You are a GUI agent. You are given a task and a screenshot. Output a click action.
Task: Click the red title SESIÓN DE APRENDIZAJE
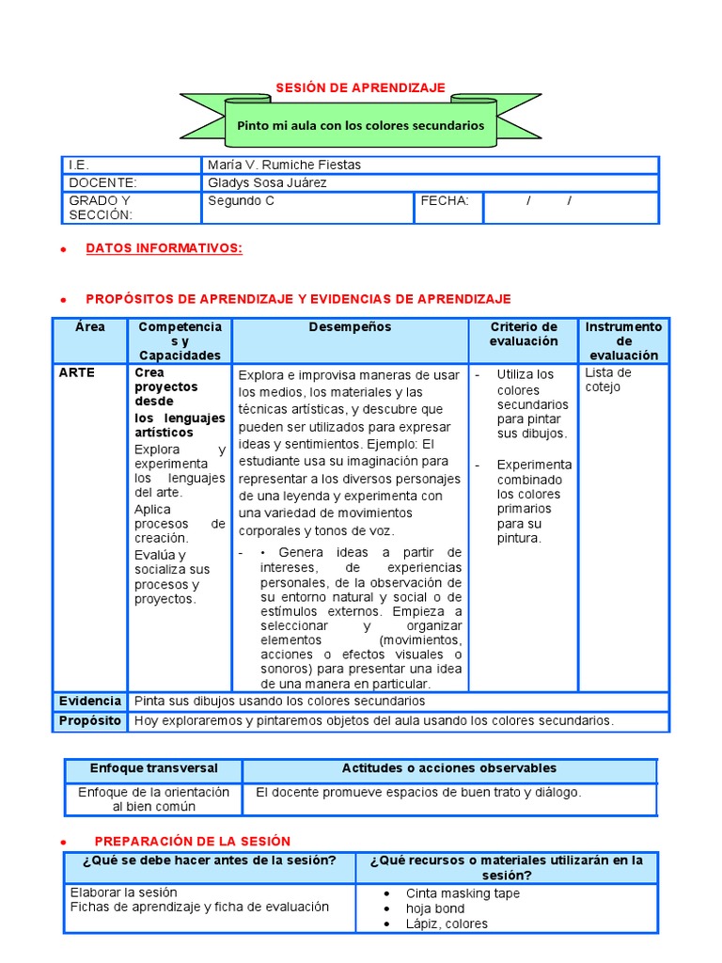click(360, 87)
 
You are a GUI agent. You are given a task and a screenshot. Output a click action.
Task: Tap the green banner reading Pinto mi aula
click(361, 125)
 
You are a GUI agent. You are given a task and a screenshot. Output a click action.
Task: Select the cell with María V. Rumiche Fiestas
click(284, 165)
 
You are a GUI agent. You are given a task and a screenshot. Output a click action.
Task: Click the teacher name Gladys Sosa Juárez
click(267, 182)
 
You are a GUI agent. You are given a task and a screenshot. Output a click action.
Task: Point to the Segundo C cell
click(241, 200)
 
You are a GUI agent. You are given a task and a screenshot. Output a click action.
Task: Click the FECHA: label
click(444, 200)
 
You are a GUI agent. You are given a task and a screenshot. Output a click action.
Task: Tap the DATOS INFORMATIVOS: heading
click(164, 248)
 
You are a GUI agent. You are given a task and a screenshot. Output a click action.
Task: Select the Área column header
click(89, 327)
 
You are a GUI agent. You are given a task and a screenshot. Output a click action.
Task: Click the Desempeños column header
click(350, 327)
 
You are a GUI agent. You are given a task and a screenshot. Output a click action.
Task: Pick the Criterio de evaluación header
click(523, 334)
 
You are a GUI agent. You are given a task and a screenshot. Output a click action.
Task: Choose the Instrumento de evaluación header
click(622, 340)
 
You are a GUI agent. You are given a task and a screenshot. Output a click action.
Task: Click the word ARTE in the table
click(77, 372)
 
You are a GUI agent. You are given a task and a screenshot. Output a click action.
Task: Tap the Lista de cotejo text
click(608, 380)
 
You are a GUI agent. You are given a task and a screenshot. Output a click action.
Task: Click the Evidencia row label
click(90, 702)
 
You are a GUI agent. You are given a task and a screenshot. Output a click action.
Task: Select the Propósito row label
click(90, 721)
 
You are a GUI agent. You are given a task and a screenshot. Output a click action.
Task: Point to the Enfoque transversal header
click(153, 768)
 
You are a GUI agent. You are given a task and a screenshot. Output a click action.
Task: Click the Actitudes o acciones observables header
click(449, 768)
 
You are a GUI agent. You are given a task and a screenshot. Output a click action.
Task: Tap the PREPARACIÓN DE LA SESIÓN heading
click(193, 841)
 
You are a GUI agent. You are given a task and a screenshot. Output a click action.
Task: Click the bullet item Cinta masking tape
click(463, 893)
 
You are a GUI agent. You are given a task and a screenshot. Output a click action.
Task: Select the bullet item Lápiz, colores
click(447, 924)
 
